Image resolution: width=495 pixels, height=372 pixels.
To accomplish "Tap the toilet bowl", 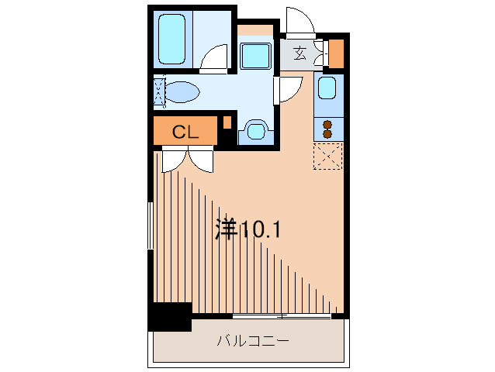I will pos(183,92).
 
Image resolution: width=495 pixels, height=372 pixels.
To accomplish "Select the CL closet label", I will pos(185,132).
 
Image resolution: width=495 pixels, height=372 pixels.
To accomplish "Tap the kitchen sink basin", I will pos(327,88).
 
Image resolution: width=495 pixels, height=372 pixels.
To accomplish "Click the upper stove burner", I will pos(327,124).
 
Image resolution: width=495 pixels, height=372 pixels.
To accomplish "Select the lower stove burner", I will pos(327,133).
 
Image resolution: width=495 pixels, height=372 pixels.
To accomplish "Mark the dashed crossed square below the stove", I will pos(327,156).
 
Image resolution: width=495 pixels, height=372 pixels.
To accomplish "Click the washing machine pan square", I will pos(254,57).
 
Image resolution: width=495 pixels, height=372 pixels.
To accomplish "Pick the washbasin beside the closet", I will pos(254,129).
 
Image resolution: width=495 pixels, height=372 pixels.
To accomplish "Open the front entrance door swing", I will pos(299,23).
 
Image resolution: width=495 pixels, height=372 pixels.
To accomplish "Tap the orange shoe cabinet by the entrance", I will pos(337,53).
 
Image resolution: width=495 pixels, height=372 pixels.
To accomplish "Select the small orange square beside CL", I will pos(227,122).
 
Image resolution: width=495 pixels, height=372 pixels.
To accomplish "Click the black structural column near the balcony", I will pos(170,316).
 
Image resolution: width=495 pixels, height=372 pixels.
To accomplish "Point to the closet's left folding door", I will pos(172,157).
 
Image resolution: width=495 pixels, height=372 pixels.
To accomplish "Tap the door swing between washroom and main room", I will pos(288,88).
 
